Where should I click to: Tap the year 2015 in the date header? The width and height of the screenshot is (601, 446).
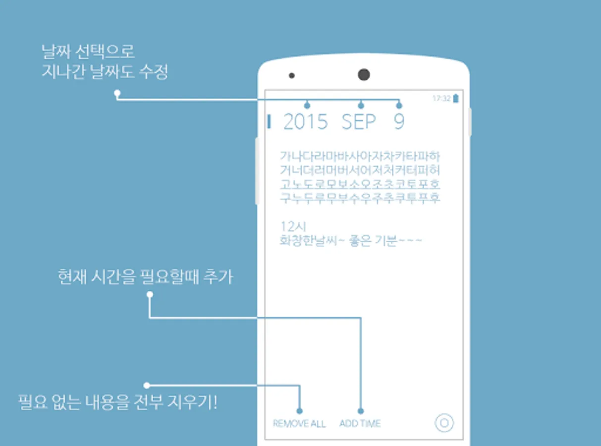[x=305, y=122]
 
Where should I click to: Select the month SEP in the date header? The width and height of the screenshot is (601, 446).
[x=359, y=122]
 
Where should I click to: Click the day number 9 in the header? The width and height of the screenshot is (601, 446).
[x=399, y=122]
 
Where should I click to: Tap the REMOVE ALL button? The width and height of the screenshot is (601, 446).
[x=299, y=424]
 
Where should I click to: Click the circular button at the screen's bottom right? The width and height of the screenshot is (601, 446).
[x=444, y=415]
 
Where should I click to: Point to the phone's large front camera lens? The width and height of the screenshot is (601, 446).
[x=364, y=74]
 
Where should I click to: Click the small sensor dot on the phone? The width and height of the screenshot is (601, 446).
[x=292, y=76]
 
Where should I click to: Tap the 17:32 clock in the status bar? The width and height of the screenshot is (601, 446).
[x=441, y=98]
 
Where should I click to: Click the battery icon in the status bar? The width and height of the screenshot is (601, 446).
[x=456, y=98]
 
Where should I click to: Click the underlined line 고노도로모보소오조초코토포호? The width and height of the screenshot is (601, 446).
[x=360, y=184]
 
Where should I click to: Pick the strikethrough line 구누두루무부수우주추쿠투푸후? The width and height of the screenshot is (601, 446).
[x=360, y=198]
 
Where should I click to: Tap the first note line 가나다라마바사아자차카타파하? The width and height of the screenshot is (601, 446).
[x=360, y=156]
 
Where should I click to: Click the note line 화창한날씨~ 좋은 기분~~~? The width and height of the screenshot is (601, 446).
[x=351, y=240]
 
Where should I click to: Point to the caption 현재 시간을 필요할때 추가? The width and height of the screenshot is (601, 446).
[x=146, y=277]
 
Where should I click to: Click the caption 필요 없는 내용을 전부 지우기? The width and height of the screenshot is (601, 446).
[x=118, y=402]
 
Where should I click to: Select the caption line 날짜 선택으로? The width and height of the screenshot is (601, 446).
[x=88, y=52]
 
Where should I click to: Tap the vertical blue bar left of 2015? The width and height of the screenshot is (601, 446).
[x=269, y=121]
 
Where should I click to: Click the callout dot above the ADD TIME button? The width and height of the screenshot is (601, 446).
[x=361, y=411]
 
